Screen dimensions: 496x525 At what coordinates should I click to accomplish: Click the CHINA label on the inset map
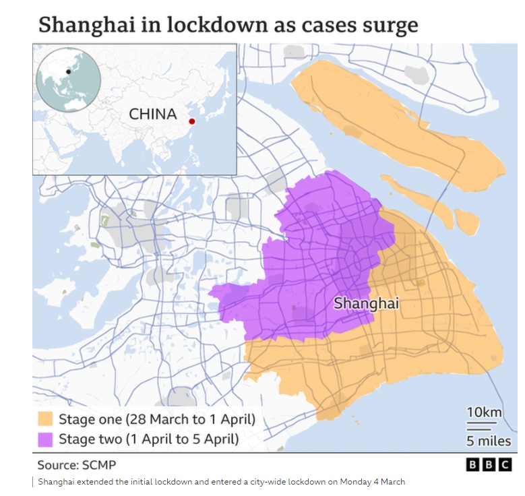pos(153,114)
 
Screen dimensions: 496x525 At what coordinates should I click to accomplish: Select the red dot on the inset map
pos(192,121)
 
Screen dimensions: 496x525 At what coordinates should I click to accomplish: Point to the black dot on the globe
pos(68,71)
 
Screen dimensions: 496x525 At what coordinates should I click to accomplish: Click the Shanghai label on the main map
pos(367,303)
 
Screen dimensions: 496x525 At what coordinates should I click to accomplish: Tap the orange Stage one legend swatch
pos(45,419)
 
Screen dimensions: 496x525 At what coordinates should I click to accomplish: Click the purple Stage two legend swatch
pos(45,440)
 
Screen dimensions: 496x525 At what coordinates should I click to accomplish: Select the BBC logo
pos(489,465)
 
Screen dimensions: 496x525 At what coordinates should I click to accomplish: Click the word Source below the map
pos(57,465)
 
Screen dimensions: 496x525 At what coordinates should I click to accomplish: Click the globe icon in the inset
pos(68,79)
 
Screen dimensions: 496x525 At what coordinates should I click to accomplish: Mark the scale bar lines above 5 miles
pos(482,425)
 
